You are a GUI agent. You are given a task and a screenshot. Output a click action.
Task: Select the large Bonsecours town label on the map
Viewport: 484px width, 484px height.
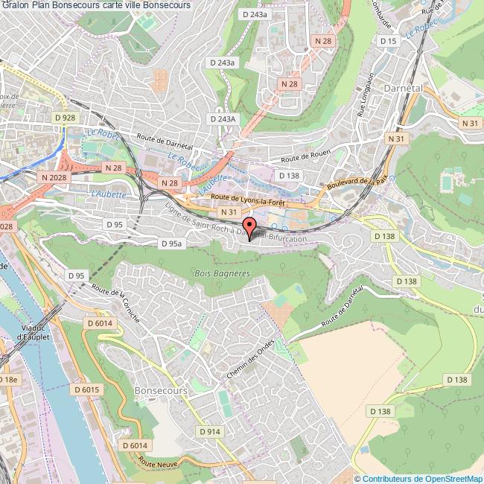point(160,389)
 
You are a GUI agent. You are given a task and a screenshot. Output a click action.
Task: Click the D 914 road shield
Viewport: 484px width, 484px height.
point(210,431)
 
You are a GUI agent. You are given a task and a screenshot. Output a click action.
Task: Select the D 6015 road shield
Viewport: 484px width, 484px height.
point(86,389)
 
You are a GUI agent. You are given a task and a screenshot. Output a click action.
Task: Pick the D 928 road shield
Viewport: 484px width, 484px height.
point(66,118)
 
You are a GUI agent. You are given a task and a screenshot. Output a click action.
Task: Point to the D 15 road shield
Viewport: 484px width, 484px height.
point(389,41)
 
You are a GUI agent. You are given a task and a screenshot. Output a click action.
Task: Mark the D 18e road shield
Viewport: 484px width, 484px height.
point(7,379)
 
